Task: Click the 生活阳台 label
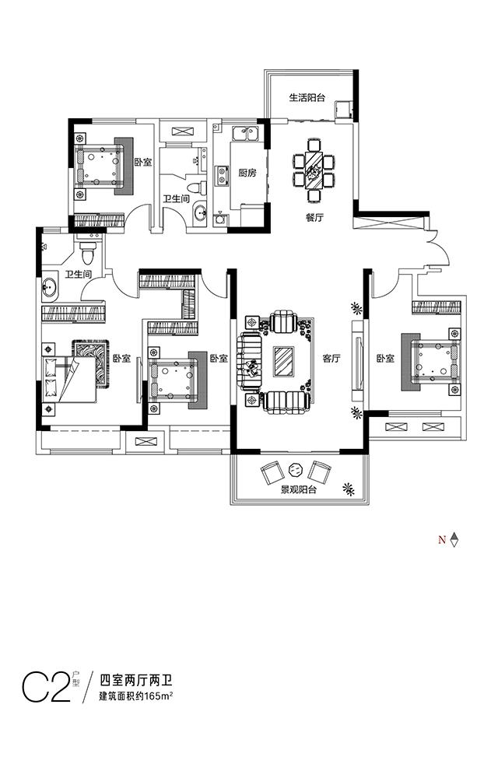coord(307,98)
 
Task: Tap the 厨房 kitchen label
coord(247,173)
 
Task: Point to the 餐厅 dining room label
coord(314,217)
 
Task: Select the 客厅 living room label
coord(331,358)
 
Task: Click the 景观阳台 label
coord(299,490)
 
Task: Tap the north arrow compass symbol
coord(454,539)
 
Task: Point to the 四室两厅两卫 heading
coord(136,679)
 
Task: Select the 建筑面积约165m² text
coord(136,696)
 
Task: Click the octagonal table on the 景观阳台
coord(294,468)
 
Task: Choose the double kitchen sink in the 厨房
coord(246,134)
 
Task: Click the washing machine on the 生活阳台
coord(342,108)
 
